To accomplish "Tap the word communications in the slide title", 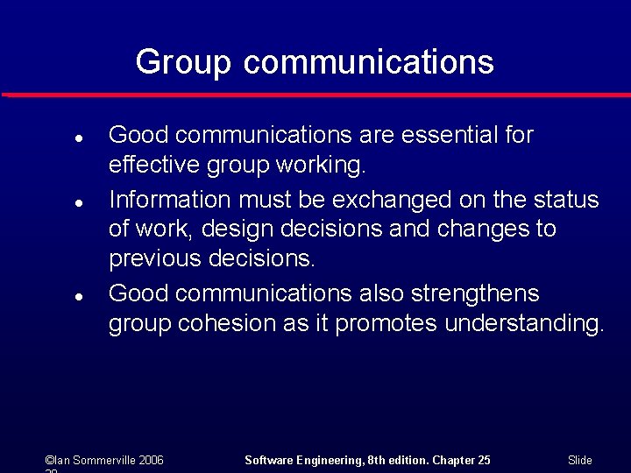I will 369,63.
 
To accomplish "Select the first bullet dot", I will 78,138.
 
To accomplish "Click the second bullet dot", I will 78,202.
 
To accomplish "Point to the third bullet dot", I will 78,296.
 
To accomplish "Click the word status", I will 566,200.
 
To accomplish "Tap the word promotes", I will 386,323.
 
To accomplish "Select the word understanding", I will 523,323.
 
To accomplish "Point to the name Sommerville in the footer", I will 97,460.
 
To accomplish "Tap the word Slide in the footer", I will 580,460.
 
